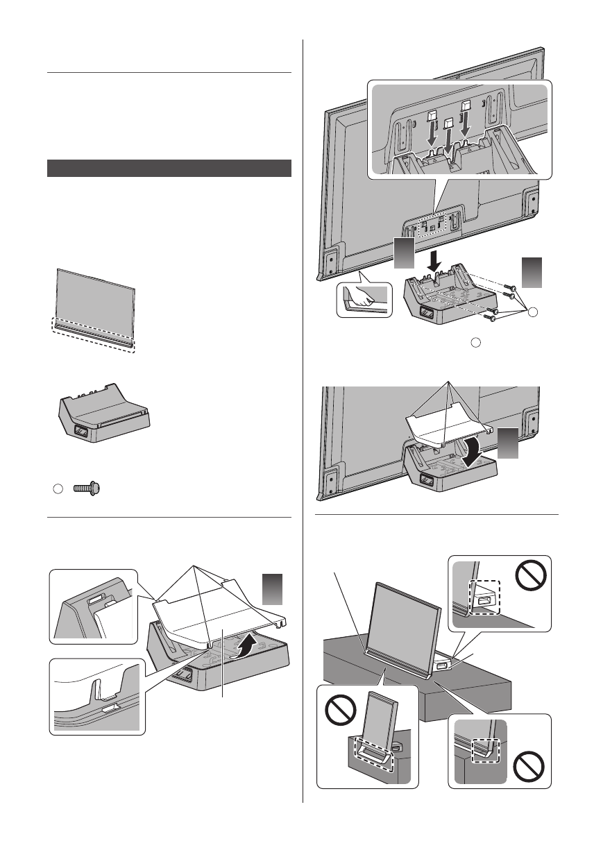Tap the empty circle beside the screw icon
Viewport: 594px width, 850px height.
pos(58,489)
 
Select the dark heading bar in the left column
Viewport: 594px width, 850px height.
pos(169,168)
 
